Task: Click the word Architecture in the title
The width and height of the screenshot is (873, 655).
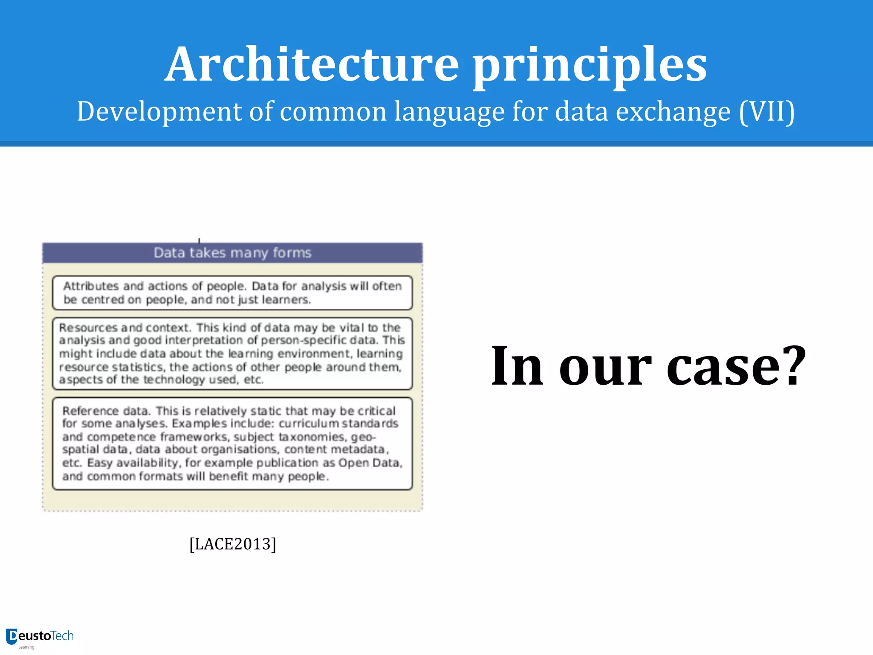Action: (x=312, y=65)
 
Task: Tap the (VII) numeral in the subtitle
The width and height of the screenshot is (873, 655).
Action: (x=767, y=112)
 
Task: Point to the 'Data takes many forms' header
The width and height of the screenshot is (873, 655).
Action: (x=232, y=253)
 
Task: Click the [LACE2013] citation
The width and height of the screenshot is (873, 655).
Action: (x=233, y=544)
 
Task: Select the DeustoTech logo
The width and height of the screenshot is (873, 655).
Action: (x=40, y=637)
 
